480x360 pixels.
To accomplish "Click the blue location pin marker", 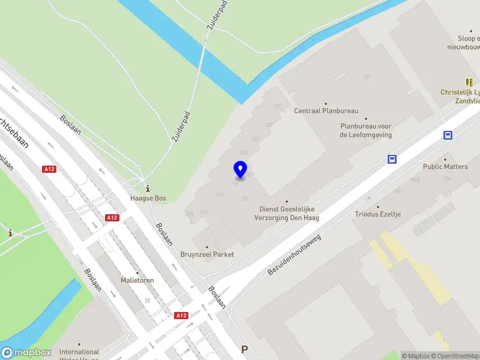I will point(240,169).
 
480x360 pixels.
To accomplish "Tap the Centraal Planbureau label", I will point(326,111).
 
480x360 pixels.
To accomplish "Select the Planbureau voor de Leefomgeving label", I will point(365,130).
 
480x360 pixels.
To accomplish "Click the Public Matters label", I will point(445,166).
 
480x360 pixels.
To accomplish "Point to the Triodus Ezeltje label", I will point(377,214).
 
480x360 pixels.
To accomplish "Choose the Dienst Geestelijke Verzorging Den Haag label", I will point(287,213).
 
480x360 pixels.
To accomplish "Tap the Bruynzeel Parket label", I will point(207,254).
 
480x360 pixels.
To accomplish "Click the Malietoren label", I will point(137,280).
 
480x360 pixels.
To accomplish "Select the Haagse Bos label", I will point(148,198).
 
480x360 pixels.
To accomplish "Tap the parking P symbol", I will point(244,349).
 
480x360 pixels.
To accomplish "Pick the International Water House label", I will point(79,353).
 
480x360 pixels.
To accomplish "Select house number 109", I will point(277,106).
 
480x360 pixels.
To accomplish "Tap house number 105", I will point(268,125).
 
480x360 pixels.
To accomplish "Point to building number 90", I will point(366,76).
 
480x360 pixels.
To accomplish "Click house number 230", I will point(244,199).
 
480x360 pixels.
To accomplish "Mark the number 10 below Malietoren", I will point(147,301).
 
